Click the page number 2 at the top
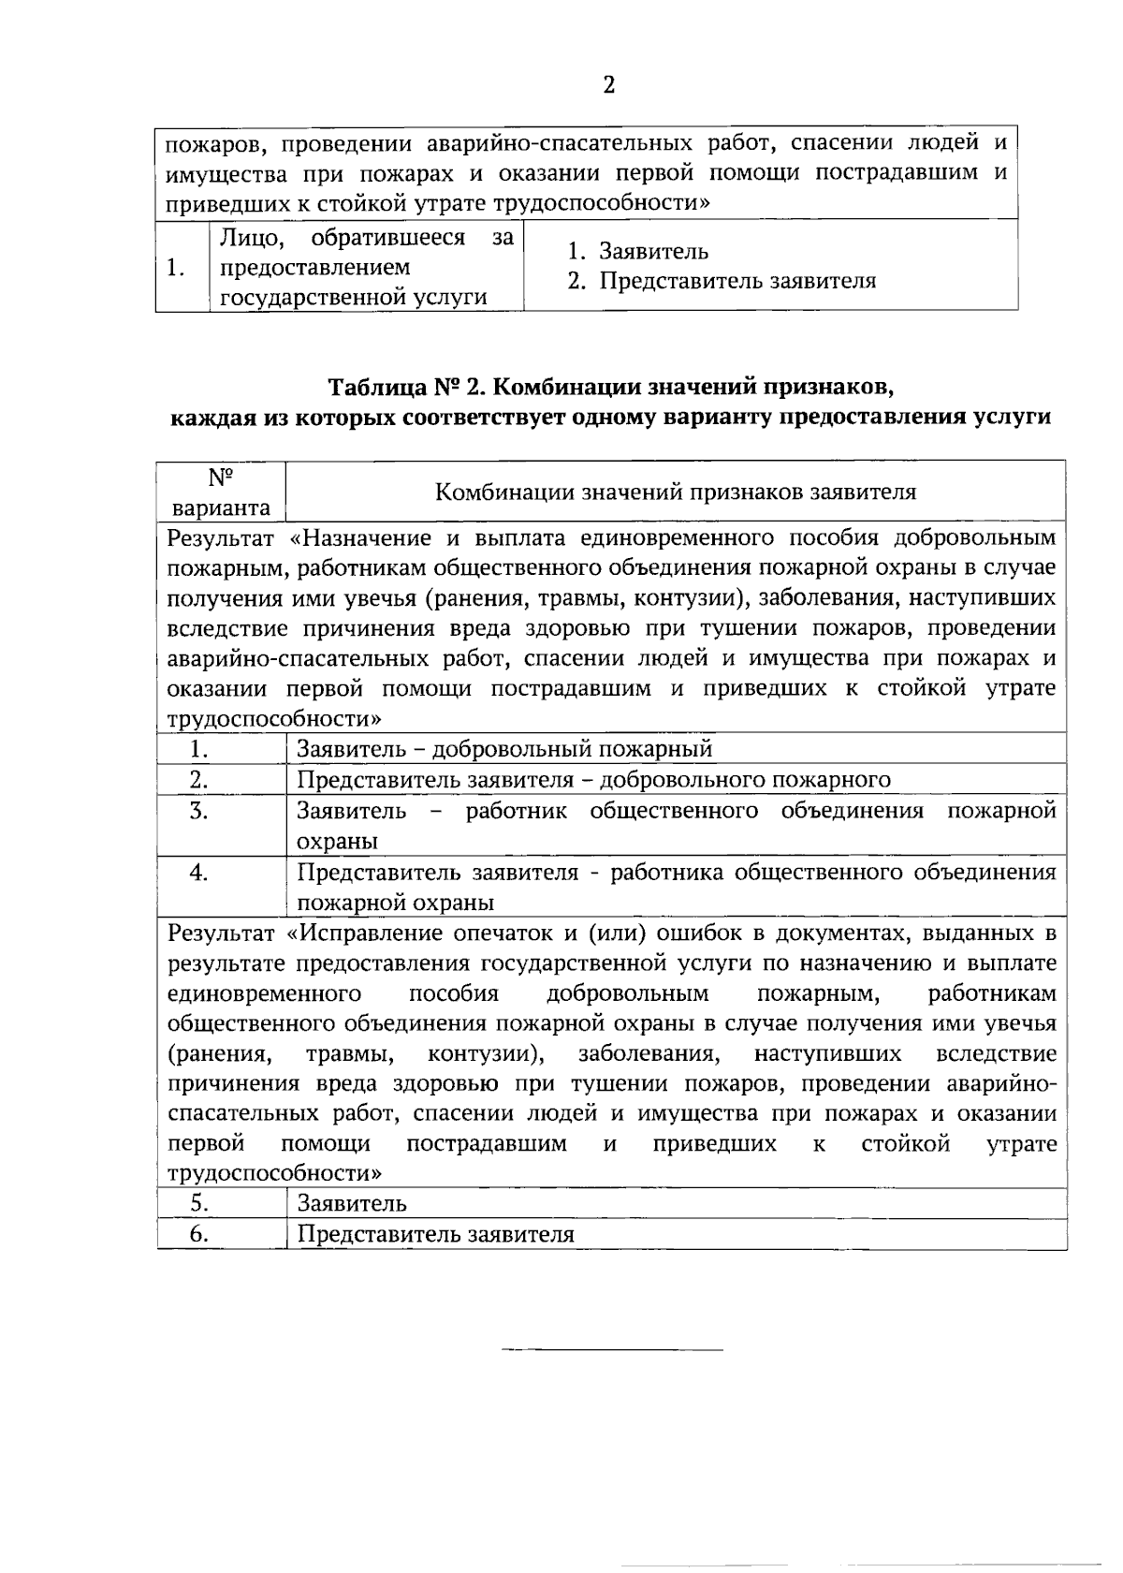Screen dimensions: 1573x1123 608,86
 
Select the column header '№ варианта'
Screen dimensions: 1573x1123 222,492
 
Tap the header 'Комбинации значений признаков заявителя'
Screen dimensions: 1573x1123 676,492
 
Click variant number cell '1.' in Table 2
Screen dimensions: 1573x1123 198,749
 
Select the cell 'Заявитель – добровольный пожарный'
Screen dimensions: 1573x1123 504,749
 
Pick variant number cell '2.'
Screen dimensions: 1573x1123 198,780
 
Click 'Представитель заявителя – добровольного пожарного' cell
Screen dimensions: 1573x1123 593,780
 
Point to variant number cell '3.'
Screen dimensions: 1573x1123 198,811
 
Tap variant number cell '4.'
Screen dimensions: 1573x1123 198,873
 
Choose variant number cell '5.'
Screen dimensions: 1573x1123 198,1204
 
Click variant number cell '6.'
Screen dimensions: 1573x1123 198,1234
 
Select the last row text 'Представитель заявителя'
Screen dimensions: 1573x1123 435,1234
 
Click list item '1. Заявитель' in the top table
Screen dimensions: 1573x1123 639,252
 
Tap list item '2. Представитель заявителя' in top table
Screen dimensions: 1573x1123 722,281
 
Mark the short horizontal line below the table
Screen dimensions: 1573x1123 612,1350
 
